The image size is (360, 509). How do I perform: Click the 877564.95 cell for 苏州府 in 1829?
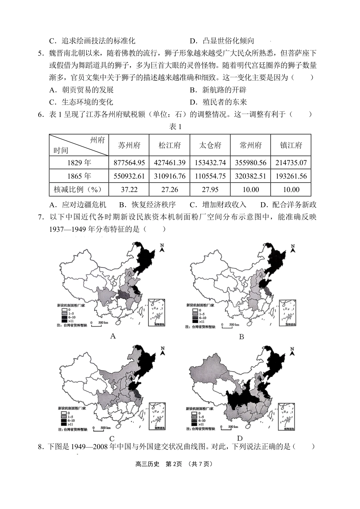coord(129,163)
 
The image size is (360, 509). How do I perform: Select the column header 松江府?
coord(169,145)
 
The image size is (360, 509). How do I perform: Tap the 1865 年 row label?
coord(79,176)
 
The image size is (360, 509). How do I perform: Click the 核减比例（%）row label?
coord(79,190)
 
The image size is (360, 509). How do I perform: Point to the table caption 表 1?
coord(175,127)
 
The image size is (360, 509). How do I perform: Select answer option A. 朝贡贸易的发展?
coord(82,90)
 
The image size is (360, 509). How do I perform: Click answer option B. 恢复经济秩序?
coord(147,205)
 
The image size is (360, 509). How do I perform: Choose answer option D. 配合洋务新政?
coord(288,205)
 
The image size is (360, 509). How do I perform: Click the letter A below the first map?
coord(113,336)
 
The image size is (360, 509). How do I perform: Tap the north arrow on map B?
coord(293,249)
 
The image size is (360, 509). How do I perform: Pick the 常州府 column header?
coord(250,145)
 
